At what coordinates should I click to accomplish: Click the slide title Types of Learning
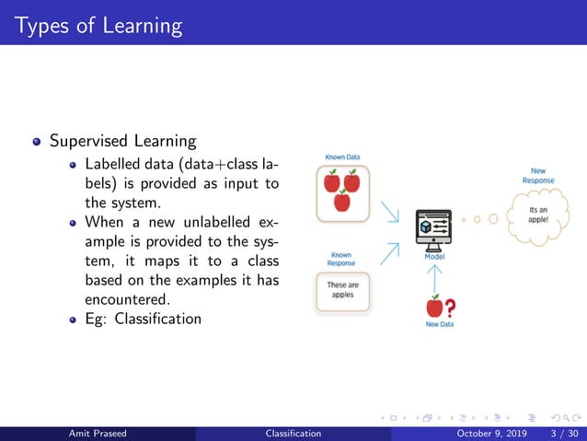92,24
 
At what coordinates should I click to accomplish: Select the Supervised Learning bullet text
122,141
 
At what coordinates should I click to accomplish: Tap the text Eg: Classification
143,319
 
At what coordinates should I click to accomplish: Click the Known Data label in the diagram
341,157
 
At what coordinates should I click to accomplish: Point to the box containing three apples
341,192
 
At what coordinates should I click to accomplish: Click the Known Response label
341,259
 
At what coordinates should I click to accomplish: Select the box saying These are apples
342,290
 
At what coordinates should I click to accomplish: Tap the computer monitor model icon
433,227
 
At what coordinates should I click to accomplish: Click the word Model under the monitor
434,257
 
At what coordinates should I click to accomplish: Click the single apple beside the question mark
434,306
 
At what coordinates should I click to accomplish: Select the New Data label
439,325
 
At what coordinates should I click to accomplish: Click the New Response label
538,175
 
